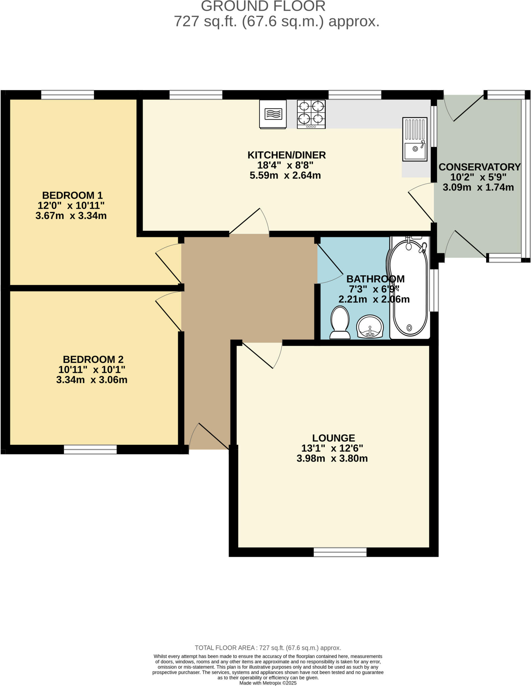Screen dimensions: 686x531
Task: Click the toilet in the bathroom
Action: pos(340,324)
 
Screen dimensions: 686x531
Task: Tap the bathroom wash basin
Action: pos(370,327)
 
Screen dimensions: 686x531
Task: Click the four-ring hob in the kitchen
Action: pos(311,114)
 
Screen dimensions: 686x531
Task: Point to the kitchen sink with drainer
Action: pos(415,139)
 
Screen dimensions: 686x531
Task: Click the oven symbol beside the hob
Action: pos(273,114)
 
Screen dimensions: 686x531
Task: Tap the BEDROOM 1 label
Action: pos(72,195)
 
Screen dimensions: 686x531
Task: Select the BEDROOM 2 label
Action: pos(93,359)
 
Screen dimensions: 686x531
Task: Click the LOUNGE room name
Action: pos(333,438)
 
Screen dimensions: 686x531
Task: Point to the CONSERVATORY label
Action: pos(479,167)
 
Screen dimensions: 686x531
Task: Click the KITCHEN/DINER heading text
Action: pos(286,155)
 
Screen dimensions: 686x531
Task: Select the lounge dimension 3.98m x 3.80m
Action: pos(332,459)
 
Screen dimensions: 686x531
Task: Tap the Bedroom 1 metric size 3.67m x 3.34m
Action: pos(71,216)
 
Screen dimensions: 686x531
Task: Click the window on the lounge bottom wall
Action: pos(340,552)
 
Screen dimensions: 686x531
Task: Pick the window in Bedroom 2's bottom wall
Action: pos(90,450)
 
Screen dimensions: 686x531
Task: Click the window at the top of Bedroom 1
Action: pos(68,95)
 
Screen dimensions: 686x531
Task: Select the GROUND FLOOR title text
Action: pos(263,6)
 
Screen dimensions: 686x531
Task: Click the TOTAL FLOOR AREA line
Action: pos(268,648)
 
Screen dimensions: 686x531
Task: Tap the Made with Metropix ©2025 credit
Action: pos(268,683)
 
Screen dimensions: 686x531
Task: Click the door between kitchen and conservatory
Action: pos(421,205)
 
